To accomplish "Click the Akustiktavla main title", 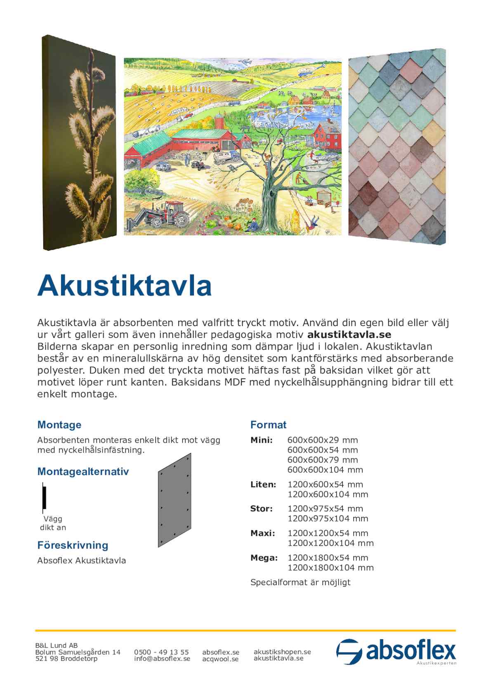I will click(124, 286).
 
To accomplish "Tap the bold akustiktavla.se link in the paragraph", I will click(349, 334).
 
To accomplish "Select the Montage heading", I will click(59, 425).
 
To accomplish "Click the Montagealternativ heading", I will click(83, 471).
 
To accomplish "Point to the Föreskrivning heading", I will click(73, 545).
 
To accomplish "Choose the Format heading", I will click(268, 425).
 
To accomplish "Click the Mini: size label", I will click(261, 440).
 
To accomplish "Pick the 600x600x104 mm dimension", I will click(325, 470).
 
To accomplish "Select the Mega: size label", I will click(264, 558).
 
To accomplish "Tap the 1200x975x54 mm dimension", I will click(325, 508).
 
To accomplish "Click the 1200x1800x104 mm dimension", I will click(330, 567).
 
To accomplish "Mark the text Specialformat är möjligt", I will click(300, 582).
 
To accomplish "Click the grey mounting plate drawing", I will click(175, 500).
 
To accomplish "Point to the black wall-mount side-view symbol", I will click(44, 498).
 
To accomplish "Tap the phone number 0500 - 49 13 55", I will click(161, 652).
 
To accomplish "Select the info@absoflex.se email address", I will click(162, 659).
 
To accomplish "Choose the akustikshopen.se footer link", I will click(282, 652).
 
